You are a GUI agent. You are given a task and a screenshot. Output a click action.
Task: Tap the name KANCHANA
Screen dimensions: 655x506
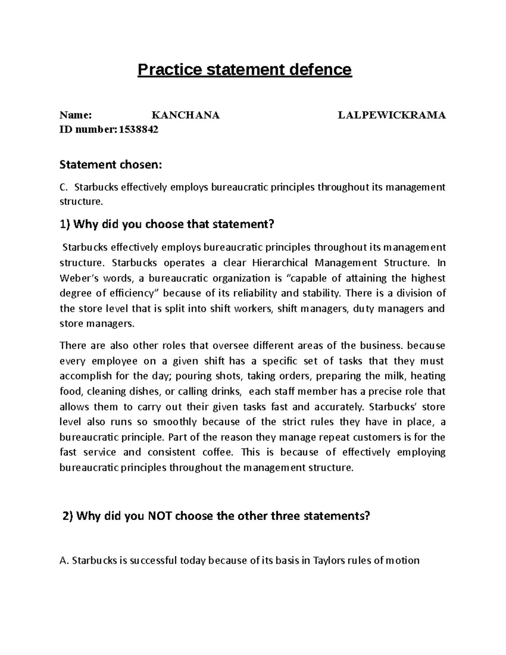click(x=186, y=115)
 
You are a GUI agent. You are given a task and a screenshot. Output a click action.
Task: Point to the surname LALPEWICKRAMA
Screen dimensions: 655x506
click(x=392, y=115)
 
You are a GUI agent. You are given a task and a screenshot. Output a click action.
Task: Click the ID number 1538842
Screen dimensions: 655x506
click(x=139, y=130)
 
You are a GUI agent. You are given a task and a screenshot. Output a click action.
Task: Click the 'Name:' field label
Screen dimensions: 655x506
click(x=75, y=115)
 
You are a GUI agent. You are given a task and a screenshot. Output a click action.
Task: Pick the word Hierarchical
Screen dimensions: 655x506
click(x=281, y=263)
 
